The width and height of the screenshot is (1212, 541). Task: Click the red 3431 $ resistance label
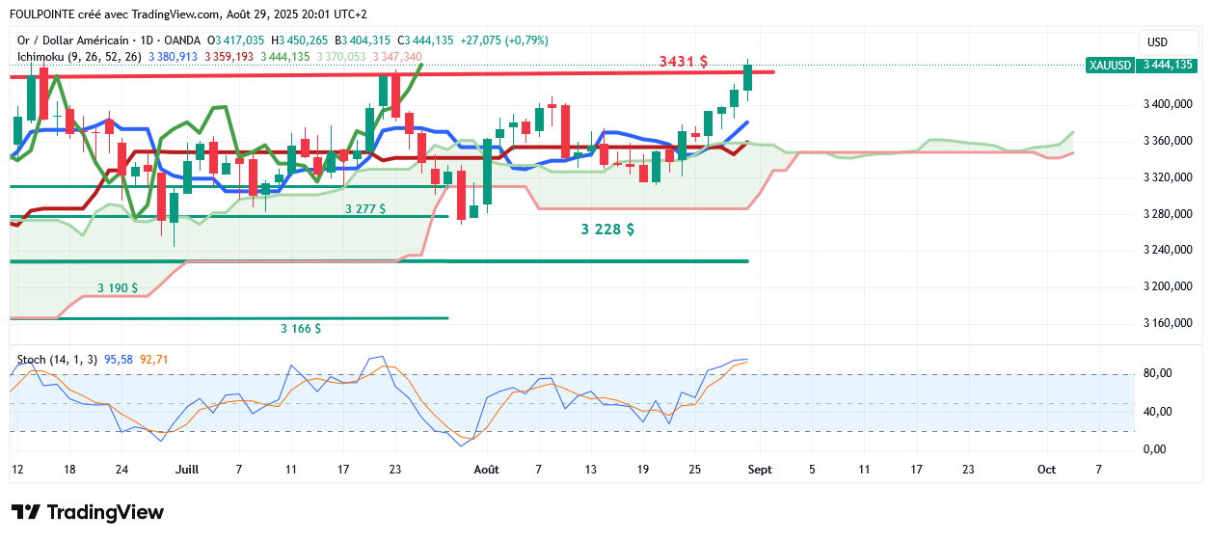point(683,62)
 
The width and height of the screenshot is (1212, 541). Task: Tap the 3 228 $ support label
point(607,230)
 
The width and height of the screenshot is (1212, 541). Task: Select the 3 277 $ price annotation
point(365,208)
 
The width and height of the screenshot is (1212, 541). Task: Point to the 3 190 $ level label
point(118,287)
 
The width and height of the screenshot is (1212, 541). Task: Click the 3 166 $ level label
point(301,329)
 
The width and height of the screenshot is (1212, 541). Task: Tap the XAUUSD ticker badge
point(1109,66)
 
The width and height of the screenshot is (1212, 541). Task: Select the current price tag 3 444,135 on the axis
point(1168,66)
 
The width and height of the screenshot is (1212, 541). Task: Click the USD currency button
point(1156,42)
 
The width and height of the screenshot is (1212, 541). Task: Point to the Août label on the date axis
point(487,470)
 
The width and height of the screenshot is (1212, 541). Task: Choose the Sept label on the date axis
point(761,470)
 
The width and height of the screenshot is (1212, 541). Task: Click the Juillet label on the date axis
point(187,470)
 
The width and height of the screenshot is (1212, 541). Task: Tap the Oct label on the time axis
point(1046,470)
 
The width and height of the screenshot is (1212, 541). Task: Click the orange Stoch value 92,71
point(154,360)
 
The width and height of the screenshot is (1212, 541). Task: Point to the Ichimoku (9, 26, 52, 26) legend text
point(79,57)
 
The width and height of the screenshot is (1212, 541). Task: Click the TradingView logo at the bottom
point(87,512)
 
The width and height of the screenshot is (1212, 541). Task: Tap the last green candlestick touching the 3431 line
point(748,77)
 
